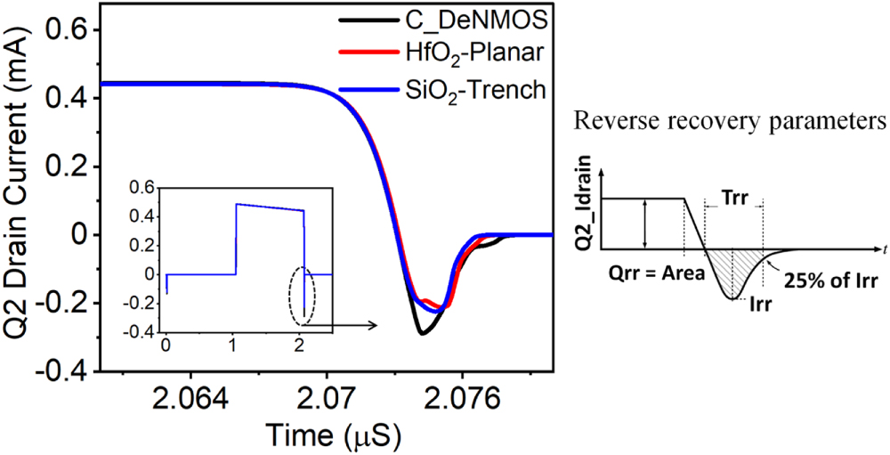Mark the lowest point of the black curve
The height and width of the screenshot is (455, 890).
click(x=423, y=334)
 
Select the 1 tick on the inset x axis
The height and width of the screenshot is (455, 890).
click(x=235, y=345)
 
